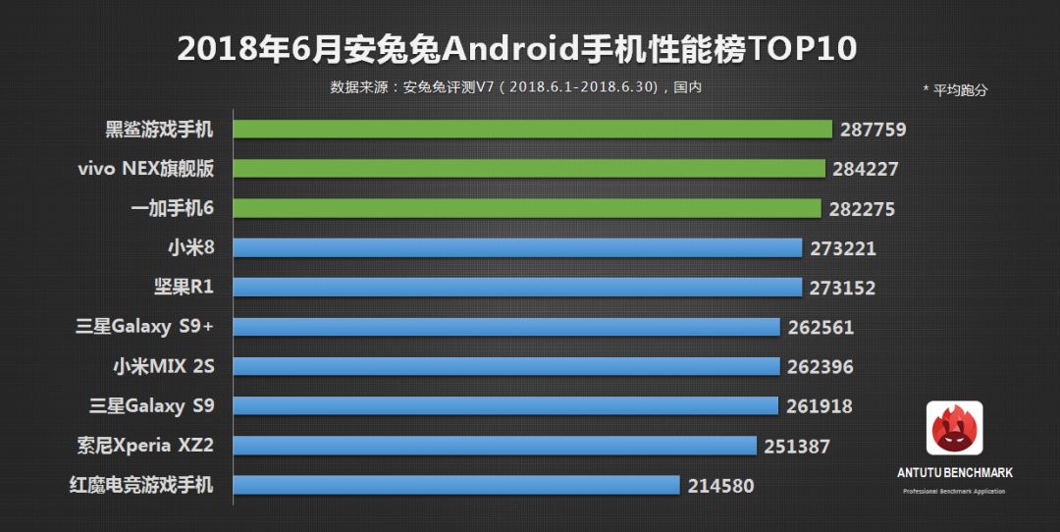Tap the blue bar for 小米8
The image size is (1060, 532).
518,248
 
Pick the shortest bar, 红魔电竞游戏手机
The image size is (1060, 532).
456,485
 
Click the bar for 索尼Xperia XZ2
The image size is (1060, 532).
496,446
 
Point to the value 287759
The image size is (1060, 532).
873,130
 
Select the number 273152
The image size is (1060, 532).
842,289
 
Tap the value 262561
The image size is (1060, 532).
821,328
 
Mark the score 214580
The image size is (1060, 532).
721,486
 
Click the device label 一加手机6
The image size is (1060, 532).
172,208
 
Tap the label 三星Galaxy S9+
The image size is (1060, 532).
144,327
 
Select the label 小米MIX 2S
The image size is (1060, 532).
163,366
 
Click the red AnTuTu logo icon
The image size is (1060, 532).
954,428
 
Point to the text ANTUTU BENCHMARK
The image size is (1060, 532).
954,473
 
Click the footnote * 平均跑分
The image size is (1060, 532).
954,90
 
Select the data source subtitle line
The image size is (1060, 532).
516,87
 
